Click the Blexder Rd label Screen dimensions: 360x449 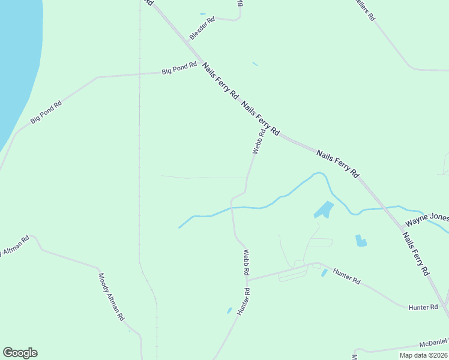pyautogui.click(x=202, y=28)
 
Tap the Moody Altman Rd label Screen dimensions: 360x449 pyautogui.click(x=111, y=296)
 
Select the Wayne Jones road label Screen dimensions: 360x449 pyautogui.click(x=426, y=218)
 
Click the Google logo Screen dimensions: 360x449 pyautogui.click(x=20, y=353)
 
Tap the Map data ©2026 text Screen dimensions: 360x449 pyautogui.click(x=423, y=355)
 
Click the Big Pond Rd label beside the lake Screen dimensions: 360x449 pyautogui.click(x=46, y=112)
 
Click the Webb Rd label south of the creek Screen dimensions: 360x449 pyautogui.click(x=246, y=262)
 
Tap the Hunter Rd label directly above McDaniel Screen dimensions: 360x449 pyautogui.click(x=423, y=307)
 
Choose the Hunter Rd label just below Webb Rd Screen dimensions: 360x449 pyautogui.click(x=243, y=301)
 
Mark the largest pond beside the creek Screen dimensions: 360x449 pyautogui.click(x=323, y=210)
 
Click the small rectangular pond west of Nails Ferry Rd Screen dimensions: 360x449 pyautogui.click(x=361, y=241)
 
